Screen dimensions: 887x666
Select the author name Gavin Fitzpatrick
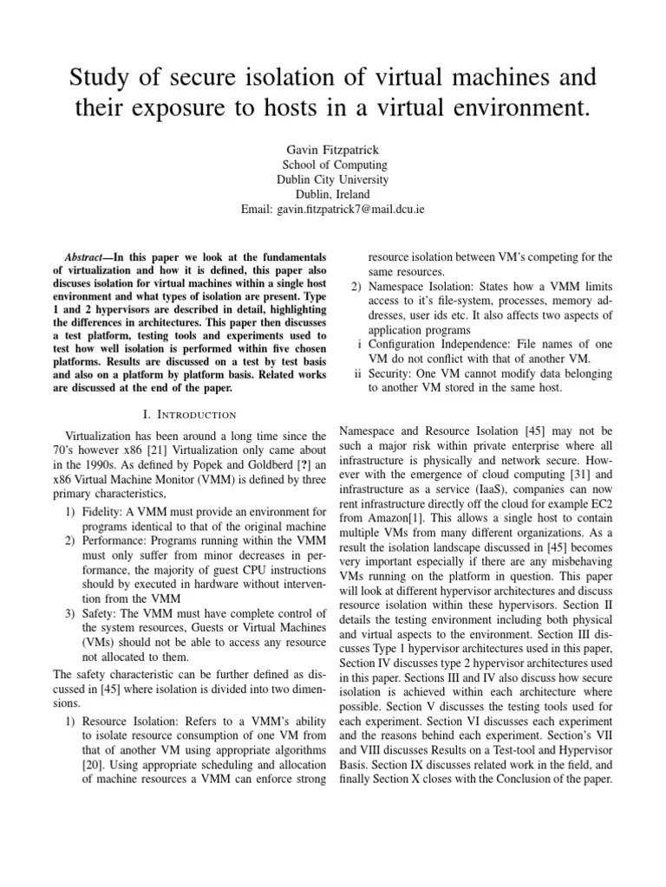click(334, 149)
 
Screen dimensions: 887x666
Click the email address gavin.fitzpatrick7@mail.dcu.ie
click(353, 210)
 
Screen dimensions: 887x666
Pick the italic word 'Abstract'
click(86, 258)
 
